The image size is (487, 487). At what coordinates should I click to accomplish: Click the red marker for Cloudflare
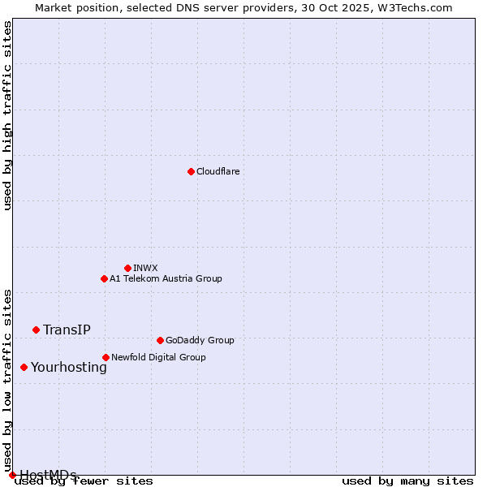pyautogui.click(x=191, y=171)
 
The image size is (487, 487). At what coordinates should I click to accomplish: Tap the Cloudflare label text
pyautogui.click(x=218, y=171)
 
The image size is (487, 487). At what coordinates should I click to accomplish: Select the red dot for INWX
pyautogui.click(x=127, y=268)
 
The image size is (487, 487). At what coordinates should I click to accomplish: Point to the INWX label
pyautogui.click(x=145, y=268)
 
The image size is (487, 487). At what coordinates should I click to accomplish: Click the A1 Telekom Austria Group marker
pyautogui.click(x=104, y=278)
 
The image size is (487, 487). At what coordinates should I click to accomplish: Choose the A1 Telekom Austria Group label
pyautogui.click(x=166, y=278)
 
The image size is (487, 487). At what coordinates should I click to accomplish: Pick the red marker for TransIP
pyautogui.click(x=36, y=330)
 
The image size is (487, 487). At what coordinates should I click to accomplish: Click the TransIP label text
pyautogui.click(x=67, y=330)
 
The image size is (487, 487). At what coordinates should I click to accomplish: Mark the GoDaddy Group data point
pyautogui.click(x=160, y=340)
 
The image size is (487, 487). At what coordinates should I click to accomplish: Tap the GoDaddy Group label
pyautogui.click(x=200, y=340)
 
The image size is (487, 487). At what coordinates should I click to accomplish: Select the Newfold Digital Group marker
pyautogui.click(x=106, y=357)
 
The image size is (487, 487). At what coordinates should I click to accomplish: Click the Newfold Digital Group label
pyautogui.click(x=158, y=357)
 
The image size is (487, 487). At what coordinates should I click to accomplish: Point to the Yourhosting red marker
pyautogui.click(x=24, y=367)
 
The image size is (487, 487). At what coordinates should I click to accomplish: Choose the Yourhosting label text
pyautogui.click(x=68, y=367)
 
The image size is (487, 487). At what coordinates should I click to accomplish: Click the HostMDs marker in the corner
pyautogui.click(x=12, y=475)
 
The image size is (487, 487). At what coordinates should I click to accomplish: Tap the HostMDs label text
pyautogui.click(x=48, y=475)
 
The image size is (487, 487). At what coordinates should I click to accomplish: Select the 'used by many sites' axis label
pyautogui.click(x=407, y=481)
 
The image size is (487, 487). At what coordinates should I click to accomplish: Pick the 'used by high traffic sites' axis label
pyautogui.click(x=8, y=115)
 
